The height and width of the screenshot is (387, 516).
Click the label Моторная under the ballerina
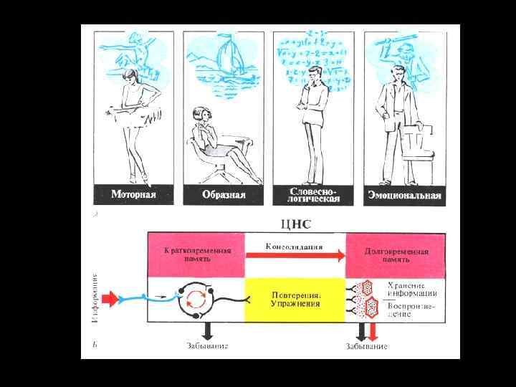point(134,194)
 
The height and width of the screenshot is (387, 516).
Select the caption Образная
point(224,194)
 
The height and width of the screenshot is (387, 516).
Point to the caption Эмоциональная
point(404,194)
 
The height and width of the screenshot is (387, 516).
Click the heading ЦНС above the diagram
point(297,224)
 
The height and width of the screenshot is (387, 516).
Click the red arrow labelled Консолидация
point(294,252)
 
